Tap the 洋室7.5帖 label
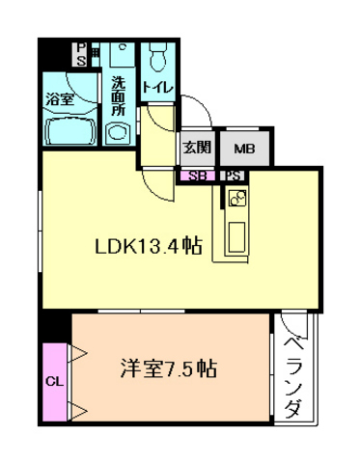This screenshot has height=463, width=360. (x=168, y=368)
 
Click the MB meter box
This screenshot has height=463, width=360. (x=244, y=148)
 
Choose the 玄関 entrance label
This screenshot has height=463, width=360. (x=197, y=148)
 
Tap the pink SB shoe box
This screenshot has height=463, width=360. (x=196, y=177)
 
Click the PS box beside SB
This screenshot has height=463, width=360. (x=233, y=177)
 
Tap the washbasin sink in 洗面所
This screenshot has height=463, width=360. (x=122, y=56)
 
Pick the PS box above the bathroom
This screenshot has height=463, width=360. (x=82, y=53)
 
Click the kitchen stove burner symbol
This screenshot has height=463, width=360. (x=236, y=200)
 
